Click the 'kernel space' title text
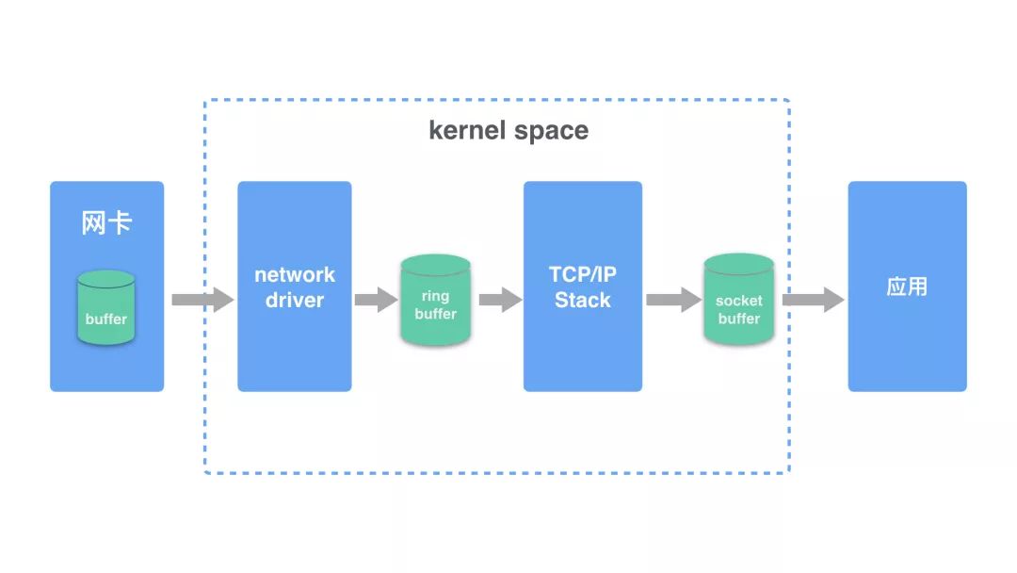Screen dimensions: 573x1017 coord(508,130)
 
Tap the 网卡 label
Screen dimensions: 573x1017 coord(106,224)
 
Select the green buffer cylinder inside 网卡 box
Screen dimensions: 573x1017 coord(106,307)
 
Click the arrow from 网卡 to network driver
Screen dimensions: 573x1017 coord(202,300)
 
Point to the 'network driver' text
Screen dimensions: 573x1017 coord(295,287)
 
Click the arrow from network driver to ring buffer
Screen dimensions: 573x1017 coord(376,300)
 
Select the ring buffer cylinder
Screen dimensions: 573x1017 coord(435,300)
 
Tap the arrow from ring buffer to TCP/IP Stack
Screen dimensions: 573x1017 coord(500,300)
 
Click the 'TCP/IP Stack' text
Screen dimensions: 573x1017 coord(582,287)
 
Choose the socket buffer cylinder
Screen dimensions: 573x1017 coord(739,300)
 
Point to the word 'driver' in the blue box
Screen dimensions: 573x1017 coord(295,301)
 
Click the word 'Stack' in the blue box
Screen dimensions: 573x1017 coord(582,301)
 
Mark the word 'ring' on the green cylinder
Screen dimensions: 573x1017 coord(435,297)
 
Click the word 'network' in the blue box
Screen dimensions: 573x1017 coord(295,275)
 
